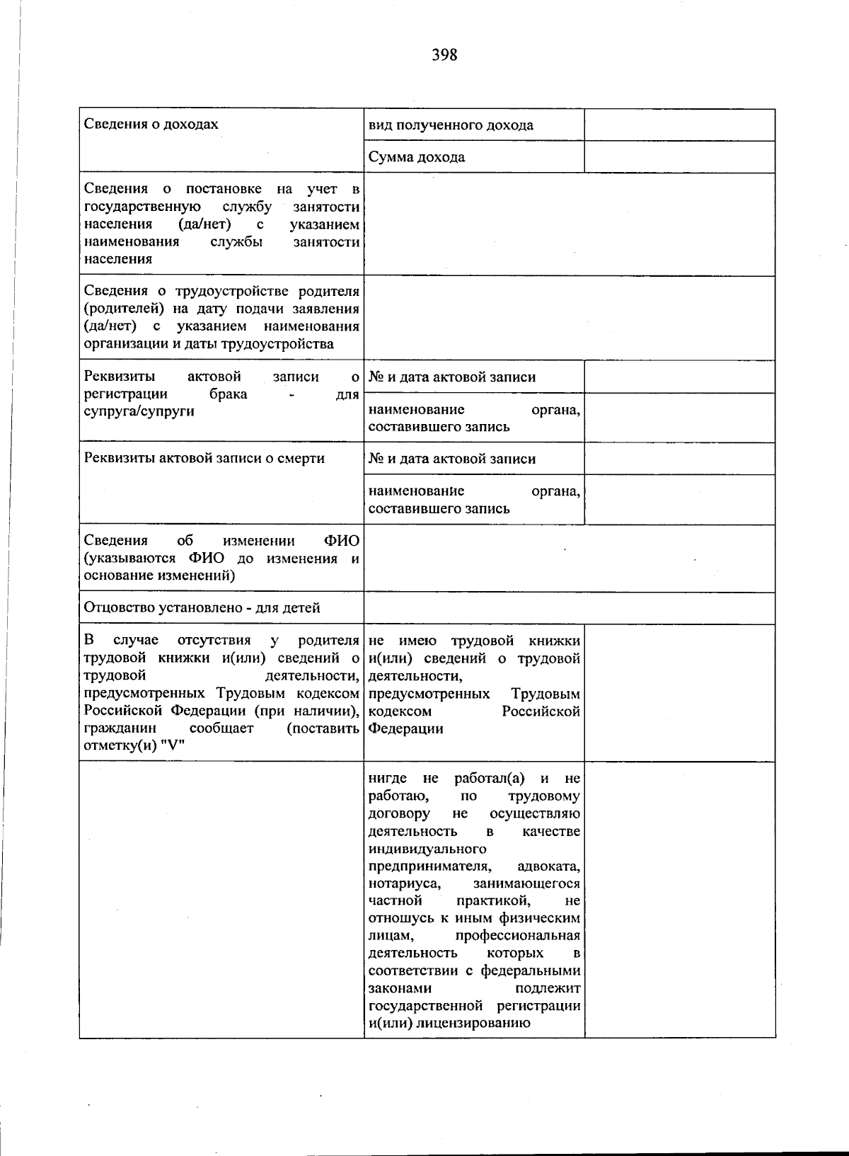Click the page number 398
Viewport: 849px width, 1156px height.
pyautogui.click(x=444, y=55)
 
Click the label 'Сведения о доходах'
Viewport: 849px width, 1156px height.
pyautogui.click(x=151, y=125)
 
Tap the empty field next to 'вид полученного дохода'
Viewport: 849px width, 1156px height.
pyautogui.click(x=679, y=125)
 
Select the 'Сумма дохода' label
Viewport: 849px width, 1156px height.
pyautogui.click(x=417, y=157)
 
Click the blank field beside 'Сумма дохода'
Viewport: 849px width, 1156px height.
pyautogui.click(x=679, y=157)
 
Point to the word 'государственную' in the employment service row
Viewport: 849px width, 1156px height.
pyautogui.click(x=141, y=207)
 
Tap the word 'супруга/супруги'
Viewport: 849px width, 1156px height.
pyautogui.click(x=139, y=411)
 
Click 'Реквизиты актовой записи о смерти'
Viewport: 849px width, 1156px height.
pyautogui.click(x=204, y=458)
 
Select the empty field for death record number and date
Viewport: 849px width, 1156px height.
pyautogui.click(x=679, y=459)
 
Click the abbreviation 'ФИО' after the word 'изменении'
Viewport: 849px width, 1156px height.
pyautogui.click(x=342, y=541)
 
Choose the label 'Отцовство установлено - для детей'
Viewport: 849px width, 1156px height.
pyautogui.click(x=202, y=607)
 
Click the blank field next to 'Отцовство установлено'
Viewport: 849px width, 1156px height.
pyautogui.click(x=569, y=608)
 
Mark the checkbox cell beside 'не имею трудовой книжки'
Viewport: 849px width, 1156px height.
pyautogui.click(x=679, y=692)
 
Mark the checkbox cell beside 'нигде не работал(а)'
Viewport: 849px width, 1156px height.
pyautogui.click(x=679, y=899)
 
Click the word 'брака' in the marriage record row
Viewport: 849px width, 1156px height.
pyautogui.click(x=228, y=394)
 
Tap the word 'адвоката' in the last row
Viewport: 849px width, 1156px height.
pyautogui.click(x=548, y=866)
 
